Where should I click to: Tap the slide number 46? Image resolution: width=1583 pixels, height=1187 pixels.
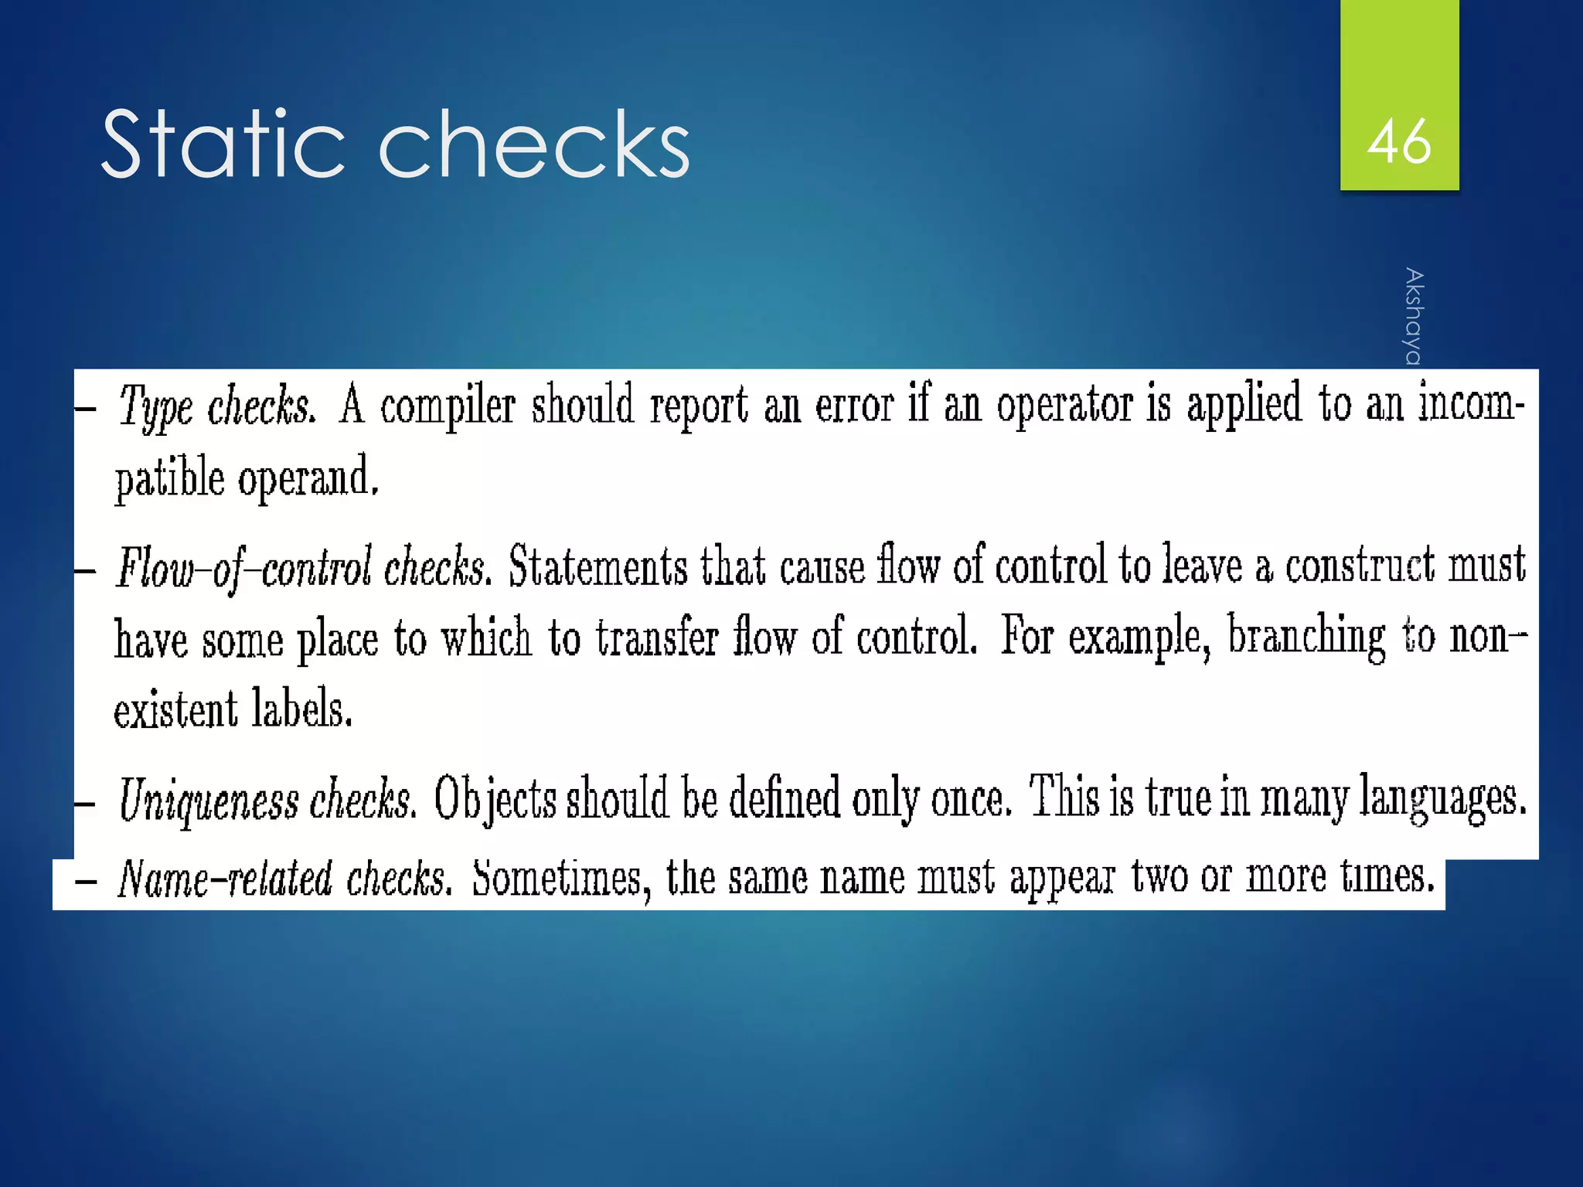tap(1399, 142)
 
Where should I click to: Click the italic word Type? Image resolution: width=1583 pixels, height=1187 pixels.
tap(155, 406)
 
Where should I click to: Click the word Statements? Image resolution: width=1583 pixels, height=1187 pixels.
tap(597, 566)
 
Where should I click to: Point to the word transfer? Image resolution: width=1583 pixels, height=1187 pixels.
tap(657, 639)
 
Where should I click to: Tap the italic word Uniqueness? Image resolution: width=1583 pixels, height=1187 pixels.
tap(208, 800)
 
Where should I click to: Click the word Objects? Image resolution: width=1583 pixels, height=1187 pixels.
tap(495, 800)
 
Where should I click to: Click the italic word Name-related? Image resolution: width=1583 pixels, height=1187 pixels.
tap(224, 879)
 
